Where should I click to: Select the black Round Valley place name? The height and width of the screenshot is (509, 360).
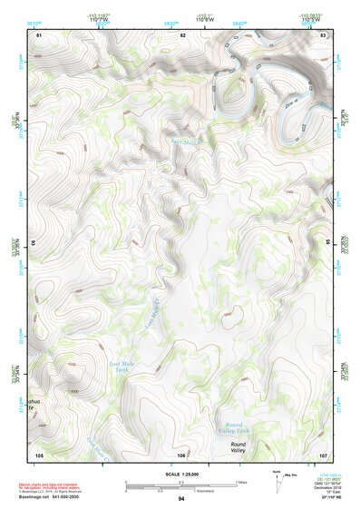click(238, 447)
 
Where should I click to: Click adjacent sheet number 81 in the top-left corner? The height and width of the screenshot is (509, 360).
click(39, 34)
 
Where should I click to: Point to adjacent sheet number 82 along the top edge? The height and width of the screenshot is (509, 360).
click(182, 34)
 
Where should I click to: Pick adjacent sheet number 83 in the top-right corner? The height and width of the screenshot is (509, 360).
click(323, 34)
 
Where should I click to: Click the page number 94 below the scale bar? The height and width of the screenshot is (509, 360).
click(181, 499)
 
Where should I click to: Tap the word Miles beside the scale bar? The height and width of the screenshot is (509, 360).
click(240, 481)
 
